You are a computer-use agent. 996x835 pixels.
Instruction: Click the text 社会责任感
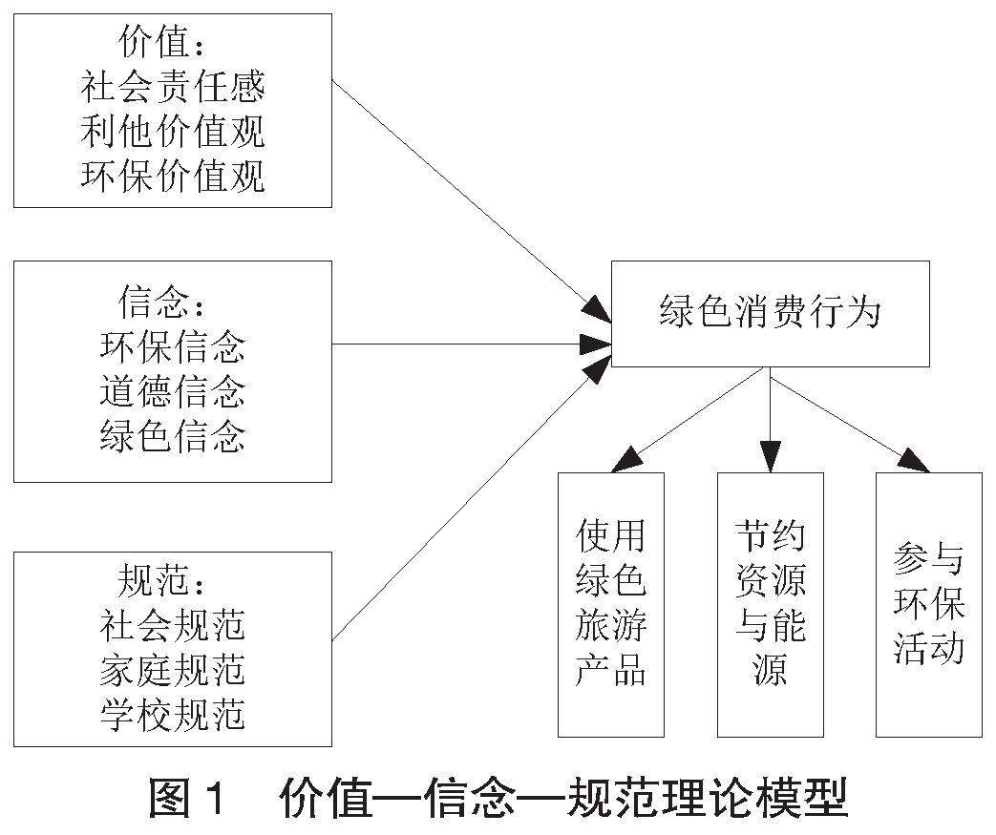click(173, 89)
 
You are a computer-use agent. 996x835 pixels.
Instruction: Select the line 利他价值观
click(173, 133)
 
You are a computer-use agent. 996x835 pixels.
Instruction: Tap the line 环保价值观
click(173, 177)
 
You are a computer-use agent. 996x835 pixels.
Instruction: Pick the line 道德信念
click(173, 391)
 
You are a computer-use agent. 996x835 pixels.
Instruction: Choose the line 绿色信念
click(173, 436)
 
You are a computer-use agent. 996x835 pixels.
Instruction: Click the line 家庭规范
click(173, 670)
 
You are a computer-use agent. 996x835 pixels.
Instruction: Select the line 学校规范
click(173, 715)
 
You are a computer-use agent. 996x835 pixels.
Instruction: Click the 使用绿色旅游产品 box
click(611, 604)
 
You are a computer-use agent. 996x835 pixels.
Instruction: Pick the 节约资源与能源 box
click(770, 604)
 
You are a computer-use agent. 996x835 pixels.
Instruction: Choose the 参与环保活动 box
click(929, 604)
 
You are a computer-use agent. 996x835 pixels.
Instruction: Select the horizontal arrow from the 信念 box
click(468, 344)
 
